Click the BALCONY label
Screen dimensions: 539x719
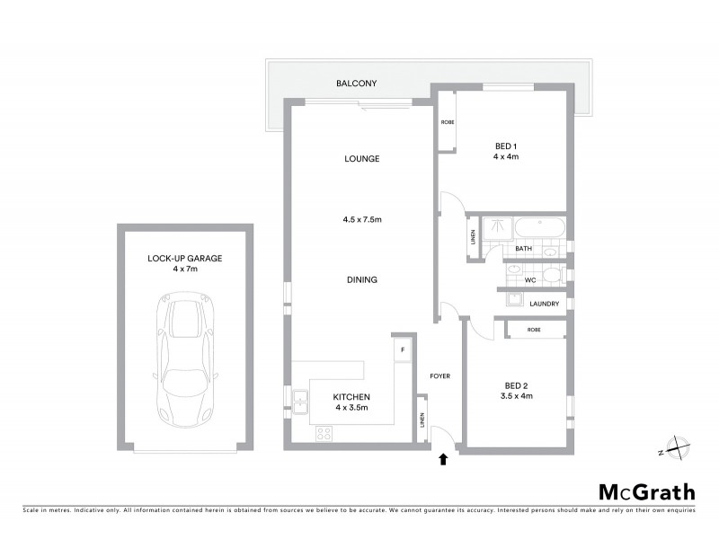tap(356, 84)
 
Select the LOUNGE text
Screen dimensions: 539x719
tap(361, 159)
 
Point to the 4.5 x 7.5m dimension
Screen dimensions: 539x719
tap(361, 219)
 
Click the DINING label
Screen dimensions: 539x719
tap(361, 279)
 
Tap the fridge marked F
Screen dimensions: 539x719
tap(403, 349)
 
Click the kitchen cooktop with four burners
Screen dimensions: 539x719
tap(324, 433)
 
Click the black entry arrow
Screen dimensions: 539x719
tap(441, 460)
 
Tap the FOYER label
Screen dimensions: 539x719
tap(440, 376)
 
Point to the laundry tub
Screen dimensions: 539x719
tap(514, 300)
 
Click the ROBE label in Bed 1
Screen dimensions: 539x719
tap(447, 121)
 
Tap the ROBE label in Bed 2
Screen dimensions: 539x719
tap(534, 331)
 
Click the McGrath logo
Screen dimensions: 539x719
tap(646, 491)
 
